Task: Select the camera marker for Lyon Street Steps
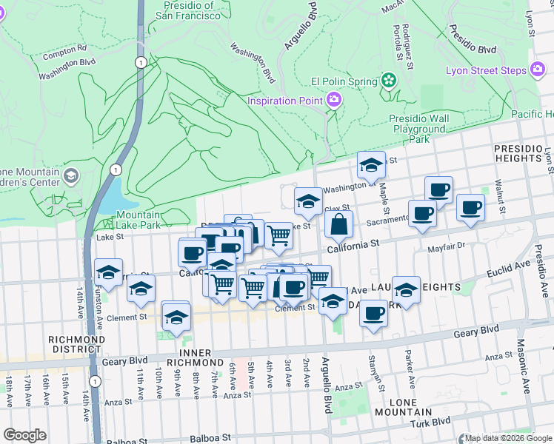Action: [x=538, y=71]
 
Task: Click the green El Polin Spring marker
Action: [x=388, y=80]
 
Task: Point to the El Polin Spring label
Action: [x=345, y=81]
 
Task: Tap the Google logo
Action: [x=24, y=435]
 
